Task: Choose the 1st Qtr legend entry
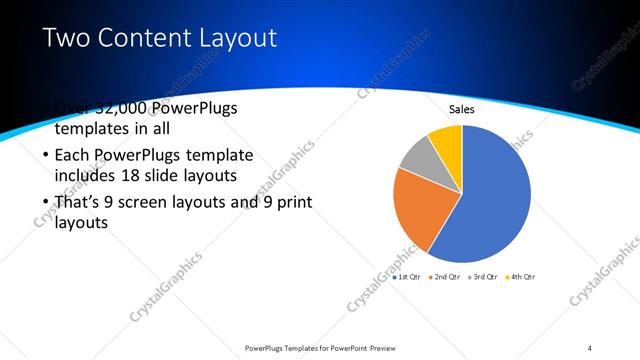point(408,276)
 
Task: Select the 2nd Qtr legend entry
point(443,276)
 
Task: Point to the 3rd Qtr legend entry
point(479,276)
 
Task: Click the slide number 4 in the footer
point(590,347)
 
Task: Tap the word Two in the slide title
point(68,39)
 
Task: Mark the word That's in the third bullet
point(78,203)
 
